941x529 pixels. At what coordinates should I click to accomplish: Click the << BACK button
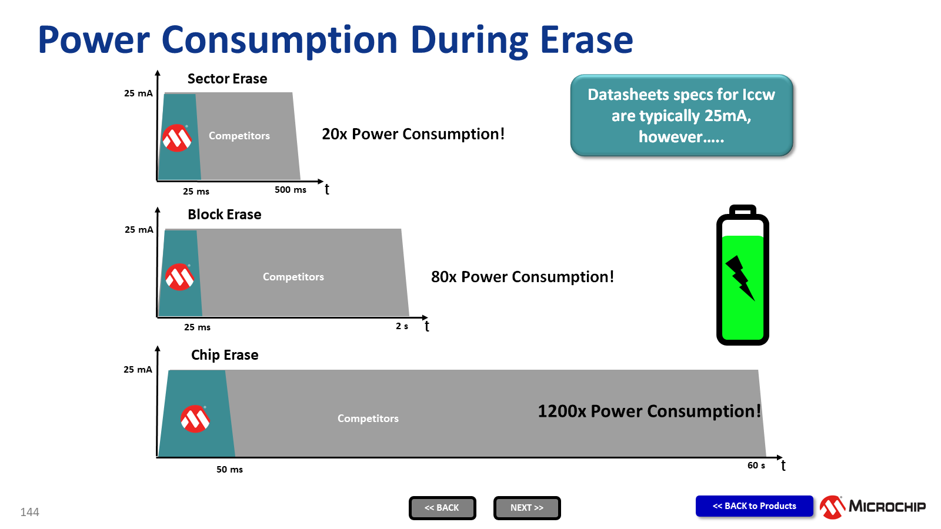(x=442, y=508)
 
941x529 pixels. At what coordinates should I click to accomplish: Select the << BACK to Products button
(x=754, y=506)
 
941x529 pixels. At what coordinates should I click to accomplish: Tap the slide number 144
(x=29, y=512)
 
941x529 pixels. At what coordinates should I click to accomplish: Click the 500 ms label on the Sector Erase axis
(x=291, y=190)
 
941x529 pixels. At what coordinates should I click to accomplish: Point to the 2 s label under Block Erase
(x=402, y=326)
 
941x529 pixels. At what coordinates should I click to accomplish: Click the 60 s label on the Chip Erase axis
(x=756, y=465)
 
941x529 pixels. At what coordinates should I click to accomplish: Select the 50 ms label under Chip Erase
(x=229, y=470)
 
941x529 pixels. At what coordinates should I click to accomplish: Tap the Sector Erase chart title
(x=227, y=79)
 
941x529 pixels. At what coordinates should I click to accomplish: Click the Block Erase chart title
(x=224, y=215)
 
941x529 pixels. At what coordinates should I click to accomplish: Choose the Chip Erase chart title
(x=224, y=355)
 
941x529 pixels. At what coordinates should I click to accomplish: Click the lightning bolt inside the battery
(x=740, y=277)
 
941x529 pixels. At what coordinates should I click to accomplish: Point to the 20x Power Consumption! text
(x=413, y=134)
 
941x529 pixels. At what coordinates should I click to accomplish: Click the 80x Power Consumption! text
(x=523, y=277)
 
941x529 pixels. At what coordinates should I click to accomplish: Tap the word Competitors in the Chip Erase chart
(x=368, y=418)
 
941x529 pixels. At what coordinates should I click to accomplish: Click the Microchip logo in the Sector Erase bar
(x=177, y=138)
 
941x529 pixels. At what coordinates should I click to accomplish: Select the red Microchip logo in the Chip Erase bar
(x=195, y=418)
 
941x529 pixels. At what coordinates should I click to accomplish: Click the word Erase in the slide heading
(x=586, y=40)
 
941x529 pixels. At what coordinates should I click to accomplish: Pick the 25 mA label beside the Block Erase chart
(x=139, y=230)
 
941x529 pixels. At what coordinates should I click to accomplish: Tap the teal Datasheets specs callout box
(x=682, y=115)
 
